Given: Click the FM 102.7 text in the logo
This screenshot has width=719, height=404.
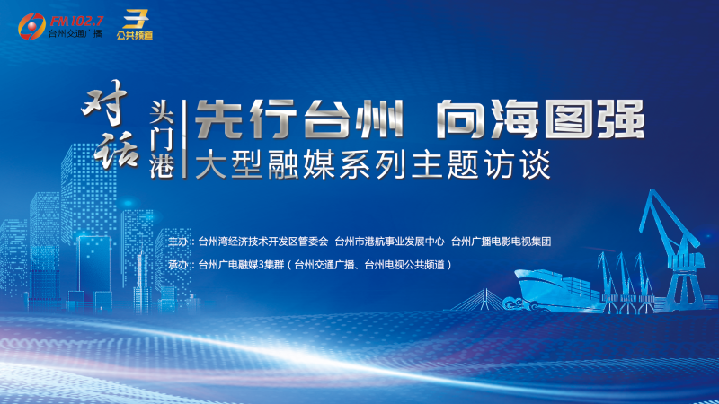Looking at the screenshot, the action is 76,22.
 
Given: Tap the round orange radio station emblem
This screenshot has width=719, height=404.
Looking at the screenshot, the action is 31,26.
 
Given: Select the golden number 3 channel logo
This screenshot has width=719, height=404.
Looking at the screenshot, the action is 135,19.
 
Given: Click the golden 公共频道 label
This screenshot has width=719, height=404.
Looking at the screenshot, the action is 134,35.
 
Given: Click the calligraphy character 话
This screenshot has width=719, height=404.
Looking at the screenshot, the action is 116,150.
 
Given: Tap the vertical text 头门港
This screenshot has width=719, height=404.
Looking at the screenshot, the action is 162,139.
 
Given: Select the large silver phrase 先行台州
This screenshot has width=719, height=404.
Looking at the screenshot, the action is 299,119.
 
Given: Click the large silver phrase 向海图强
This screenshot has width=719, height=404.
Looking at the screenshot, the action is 540,119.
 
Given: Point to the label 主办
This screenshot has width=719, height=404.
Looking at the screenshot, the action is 178,242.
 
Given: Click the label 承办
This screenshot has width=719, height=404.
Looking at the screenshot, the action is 178,265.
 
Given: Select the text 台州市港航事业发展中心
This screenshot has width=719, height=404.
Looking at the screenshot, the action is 390,242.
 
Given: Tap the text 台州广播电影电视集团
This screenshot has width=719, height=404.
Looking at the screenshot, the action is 502,242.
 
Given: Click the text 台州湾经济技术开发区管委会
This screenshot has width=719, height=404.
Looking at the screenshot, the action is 263,242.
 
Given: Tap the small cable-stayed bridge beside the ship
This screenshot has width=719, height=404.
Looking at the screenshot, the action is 479,300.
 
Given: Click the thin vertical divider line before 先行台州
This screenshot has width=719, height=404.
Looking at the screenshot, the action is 184,139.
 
